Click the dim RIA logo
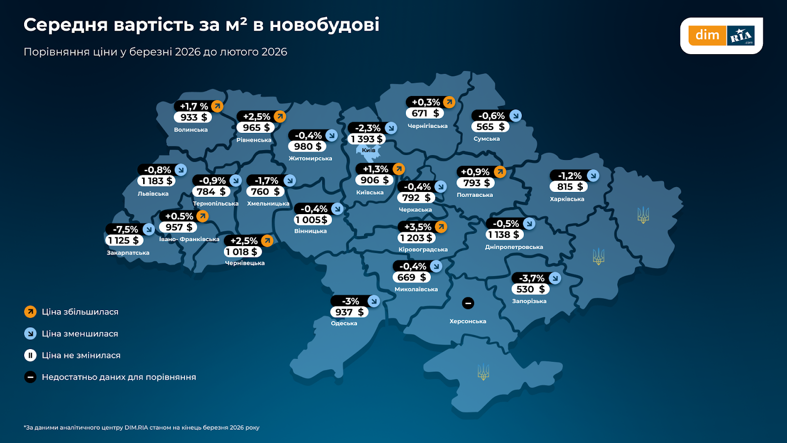[x=721, y=35]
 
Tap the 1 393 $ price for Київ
[x=366, y=139]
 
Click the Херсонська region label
[x=468, y=321]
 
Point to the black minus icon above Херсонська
[x=468, y=303]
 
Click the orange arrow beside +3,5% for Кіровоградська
[x=441, y=227]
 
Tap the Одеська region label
[x=344, y=323]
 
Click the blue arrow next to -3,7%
[x=555, y=278]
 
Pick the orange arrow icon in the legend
[x=30, y=312]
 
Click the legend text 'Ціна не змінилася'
[x=81, y=355]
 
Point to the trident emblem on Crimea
[x=484, y=372]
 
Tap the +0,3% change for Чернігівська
[x=425, y=102]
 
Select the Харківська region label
[x=567, y=199]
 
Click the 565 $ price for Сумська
[x=490, y=127]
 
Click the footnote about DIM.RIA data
[x=142, y=428]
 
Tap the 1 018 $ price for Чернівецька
[x=242, y=252]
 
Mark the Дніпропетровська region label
[x=514, y=247]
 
